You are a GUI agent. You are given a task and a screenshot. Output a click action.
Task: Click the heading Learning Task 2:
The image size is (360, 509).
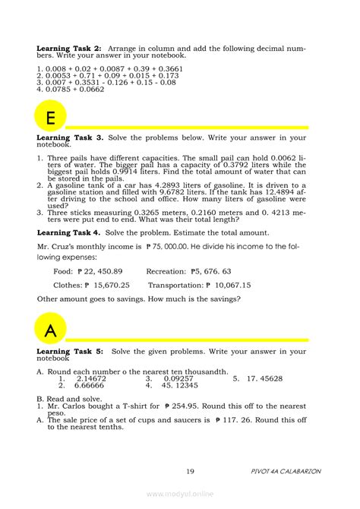coord(69,48)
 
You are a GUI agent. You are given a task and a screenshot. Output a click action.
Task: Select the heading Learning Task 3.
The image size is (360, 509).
coord(69,138)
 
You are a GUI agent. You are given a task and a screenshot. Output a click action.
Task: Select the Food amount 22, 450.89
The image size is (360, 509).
coord(103,271)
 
